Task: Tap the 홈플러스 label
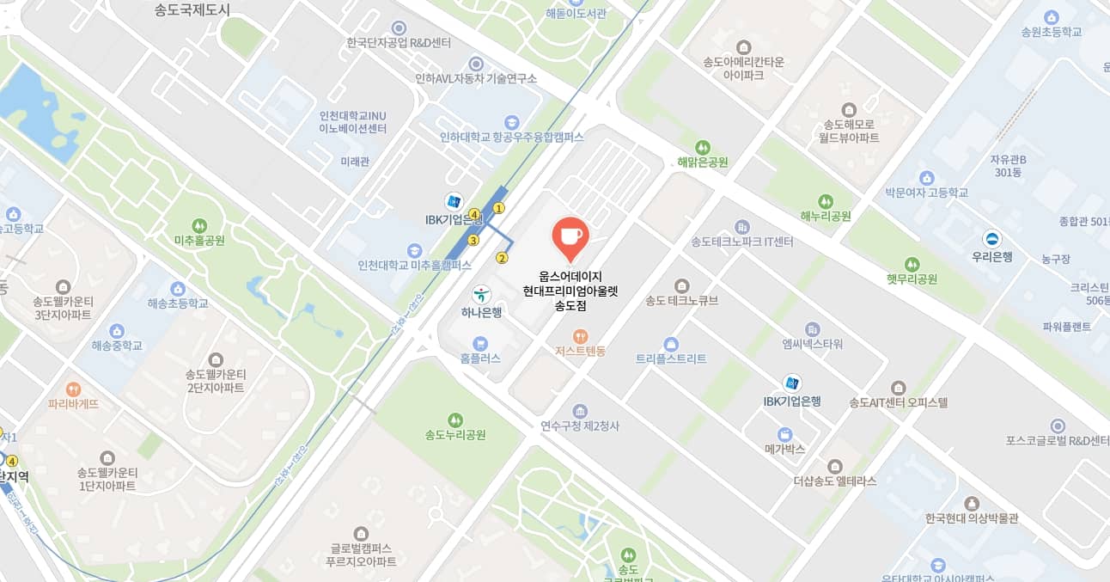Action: coord(480,358)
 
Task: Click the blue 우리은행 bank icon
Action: coord(992,238)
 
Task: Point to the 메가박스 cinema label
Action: coord(784,449)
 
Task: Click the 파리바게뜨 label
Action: coord(73,403)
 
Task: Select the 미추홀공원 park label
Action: coord(199,241)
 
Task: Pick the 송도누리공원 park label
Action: coord(455,435)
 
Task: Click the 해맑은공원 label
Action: coord(703,162)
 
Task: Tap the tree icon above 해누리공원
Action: coord(826,200)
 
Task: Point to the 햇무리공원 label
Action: coord(912,279)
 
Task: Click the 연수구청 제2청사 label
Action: coord(580,426)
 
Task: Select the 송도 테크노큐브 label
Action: coord(681,300)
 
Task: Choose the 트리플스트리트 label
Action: coord(671,358)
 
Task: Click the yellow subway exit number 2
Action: coord(502,257)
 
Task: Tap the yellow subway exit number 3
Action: coord(473,240)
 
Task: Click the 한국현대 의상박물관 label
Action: coord(972,518)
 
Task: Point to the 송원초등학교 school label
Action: coord(1051,32)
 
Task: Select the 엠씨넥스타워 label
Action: coord(812,344)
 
